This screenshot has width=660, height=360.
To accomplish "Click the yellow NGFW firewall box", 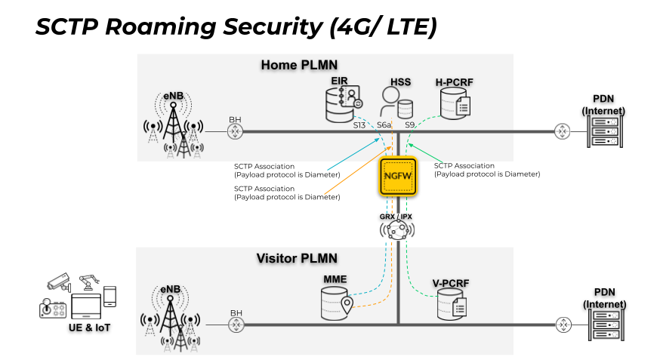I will pyautogui.click(x=398, y=175).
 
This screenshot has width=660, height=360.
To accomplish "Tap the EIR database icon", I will pyautogui.click(x=342, y=104).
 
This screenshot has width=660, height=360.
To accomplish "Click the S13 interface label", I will pyautogui.click(x=359, y=125).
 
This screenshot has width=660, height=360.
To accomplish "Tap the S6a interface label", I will pyautogui.click(x=384, y=125).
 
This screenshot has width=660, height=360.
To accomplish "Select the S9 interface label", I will pyautogui.click(x=410, y=125).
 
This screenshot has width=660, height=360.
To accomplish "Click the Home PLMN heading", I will pyautogui.click(x=299, y=65).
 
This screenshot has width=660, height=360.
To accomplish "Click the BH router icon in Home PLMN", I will pyautogui.click(x=236, y=131).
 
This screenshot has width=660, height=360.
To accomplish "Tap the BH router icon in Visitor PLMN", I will pyautogui.click(x=237, y=325).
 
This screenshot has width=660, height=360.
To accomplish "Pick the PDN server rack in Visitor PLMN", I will pyautogui.click(x=607, y=325).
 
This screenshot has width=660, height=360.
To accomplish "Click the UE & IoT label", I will pyautogui.click(x=85, y=328).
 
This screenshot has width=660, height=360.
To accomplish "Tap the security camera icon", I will pyautogui.click(x=57, y=281).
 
